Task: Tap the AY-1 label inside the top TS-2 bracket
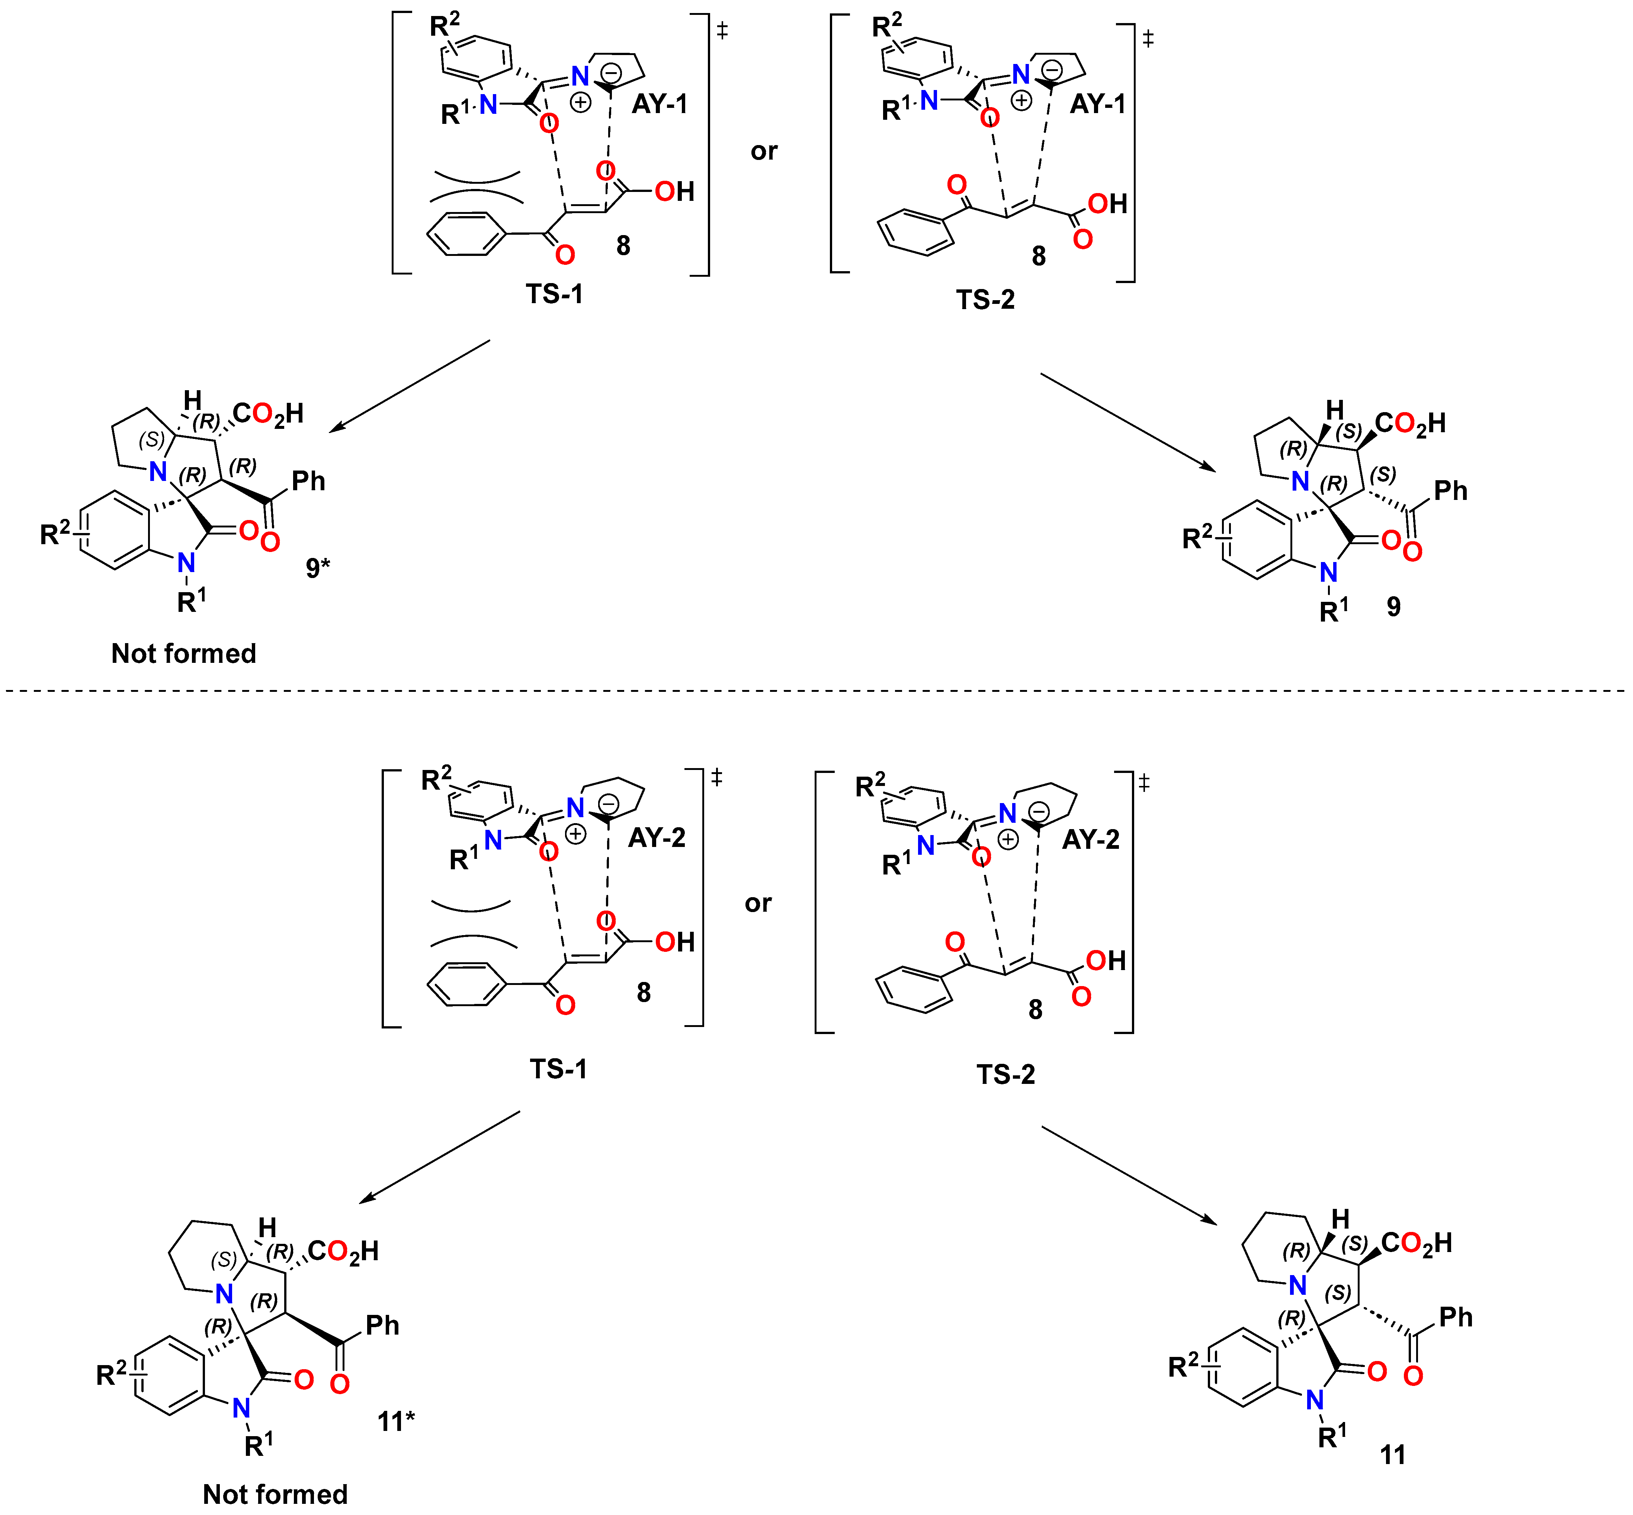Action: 1098,104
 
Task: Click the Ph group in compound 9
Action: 1450,490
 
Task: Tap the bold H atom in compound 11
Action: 1340,1219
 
